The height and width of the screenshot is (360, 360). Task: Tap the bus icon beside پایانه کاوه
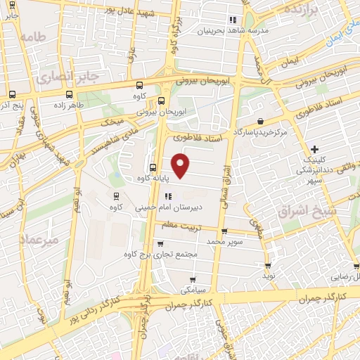[x=153, y=167]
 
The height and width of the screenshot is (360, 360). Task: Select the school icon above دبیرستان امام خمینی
[x=167, y=197]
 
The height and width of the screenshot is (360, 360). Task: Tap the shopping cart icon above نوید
[x=268, y=265]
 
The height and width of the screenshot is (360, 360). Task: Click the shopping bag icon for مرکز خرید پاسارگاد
[x=262, y=121]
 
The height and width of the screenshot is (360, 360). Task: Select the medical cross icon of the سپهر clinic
[x=315, y=148]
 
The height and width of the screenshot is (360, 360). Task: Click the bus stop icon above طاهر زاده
[x=68, y=94]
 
